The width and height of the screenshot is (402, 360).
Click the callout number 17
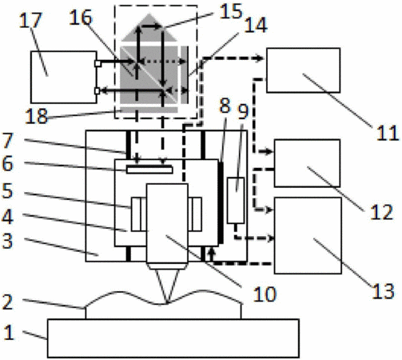(31, 20)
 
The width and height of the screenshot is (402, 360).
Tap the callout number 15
(231, 11)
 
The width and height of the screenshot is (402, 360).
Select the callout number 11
(388, 133)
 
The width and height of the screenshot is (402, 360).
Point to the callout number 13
(383, 291)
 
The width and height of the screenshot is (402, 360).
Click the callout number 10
(265, 294)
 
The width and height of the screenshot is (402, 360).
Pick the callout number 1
(9, 333)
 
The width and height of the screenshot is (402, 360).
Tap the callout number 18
(37, 116)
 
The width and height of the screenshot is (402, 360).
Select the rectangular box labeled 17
(63, 77)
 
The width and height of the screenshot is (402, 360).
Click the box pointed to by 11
(303, 70)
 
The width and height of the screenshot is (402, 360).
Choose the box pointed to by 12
(307, 163)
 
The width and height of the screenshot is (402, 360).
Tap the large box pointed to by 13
(308, 235)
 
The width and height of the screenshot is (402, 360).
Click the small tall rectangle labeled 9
(236, 200)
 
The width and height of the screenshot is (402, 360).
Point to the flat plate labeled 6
(149, 170)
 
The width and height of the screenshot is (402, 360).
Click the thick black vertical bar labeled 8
(221, 202)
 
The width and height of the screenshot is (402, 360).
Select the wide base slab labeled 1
(173, 338)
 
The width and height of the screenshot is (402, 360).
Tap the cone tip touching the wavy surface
(167, 303)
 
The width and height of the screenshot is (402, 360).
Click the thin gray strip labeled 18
(149, 110)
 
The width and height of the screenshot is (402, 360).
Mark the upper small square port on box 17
(98, 64)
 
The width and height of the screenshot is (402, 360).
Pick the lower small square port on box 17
(98, 91)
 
